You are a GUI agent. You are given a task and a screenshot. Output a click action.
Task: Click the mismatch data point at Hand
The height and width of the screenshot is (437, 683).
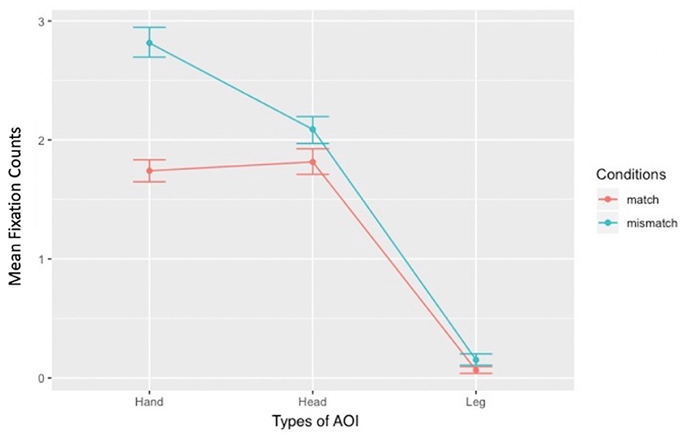tap(149, 43)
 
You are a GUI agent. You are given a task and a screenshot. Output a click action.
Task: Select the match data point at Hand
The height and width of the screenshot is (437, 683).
tap(149, 171)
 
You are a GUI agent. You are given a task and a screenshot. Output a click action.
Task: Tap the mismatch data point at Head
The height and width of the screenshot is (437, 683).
tap(313, 129)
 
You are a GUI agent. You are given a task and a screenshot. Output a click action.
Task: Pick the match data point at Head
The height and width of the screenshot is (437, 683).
tap(313, 162)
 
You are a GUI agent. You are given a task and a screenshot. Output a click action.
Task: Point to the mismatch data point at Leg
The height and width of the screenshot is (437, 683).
tap(476, 360)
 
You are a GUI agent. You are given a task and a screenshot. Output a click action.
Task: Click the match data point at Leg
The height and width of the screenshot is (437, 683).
tap(476, 370)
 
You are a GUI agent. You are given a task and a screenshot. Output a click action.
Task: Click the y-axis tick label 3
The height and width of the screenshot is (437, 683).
tap(41, 22)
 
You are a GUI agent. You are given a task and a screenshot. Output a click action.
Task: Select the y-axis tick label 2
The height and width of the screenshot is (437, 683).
tap(41, 140)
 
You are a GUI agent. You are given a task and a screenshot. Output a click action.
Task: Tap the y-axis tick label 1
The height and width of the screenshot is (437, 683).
tap(41, 259)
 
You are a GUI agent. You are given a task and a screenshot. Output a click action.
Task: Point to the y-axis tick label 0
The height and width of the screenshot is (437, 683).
tap(41, 378)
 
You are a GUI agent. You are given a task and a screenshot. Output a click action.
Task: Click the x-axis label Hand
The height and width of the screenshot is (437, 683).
tap(149, 402)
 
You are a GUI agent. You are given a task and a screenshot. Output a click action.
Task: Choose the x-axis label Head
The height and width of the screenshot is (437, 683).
tap(313, 402)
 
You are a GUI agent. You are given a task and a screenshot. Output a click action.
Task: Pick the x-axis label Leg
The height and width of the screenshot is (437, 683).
tap(476, 402)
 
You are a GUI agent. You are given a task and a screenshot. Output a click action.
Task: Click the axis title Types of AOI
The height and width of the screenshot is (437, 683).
tap(313, 422)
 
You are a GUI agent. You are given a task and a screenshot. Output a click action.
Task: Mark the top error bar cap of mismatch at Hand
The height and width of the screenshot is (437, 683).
tap(149, 27)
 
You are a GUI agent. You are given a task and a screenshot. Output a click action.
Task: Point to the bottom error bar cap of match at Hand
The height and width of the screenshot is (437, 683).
tap(149, 182)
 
